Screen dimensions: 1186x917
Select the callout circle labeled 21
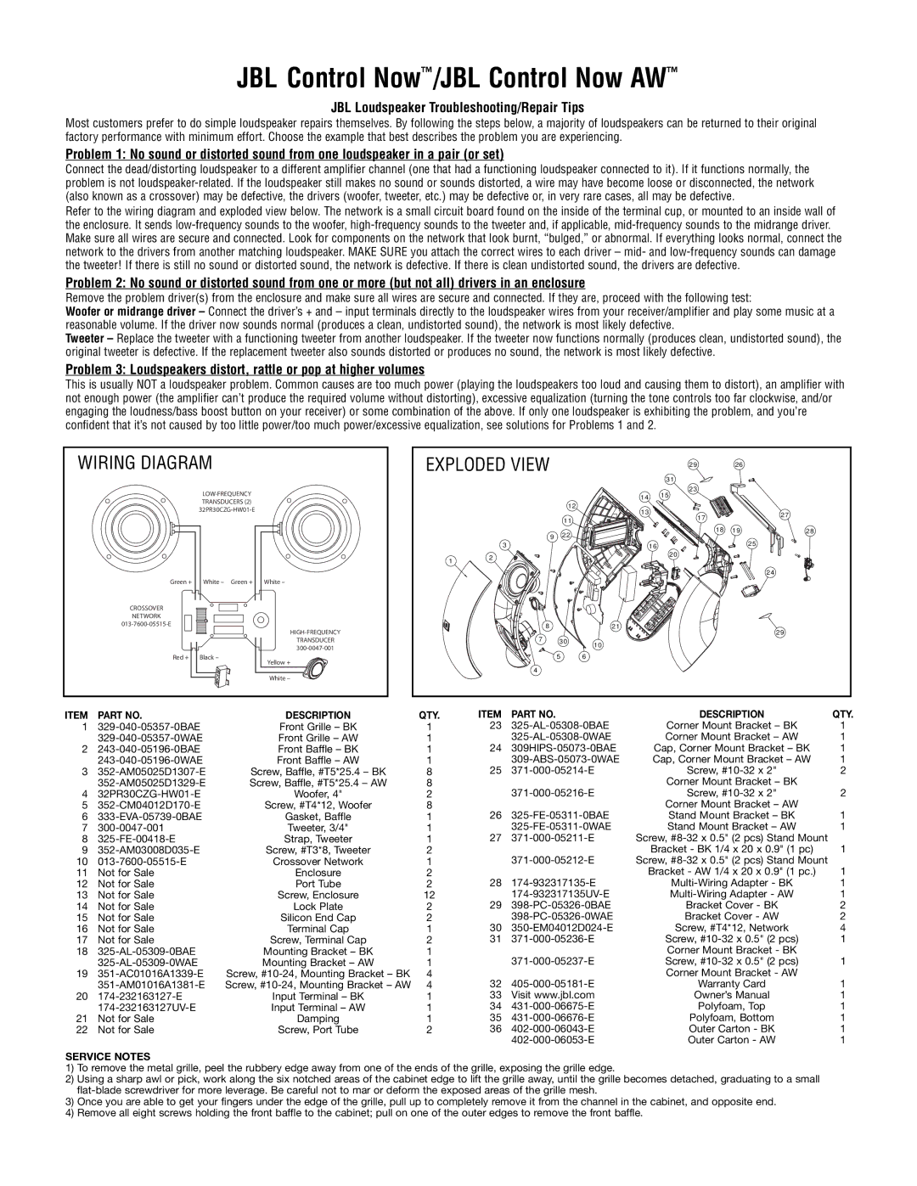614,627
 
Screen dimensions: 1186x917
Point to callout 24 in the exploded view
771,574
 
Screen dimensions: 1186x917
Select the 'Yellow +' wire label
278,661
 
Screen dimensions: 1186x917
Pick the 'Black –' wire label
209,656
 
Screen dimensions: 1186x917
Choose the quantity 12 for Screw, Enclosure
429,895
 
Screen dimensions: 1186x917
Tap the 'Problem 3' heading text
245,370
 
